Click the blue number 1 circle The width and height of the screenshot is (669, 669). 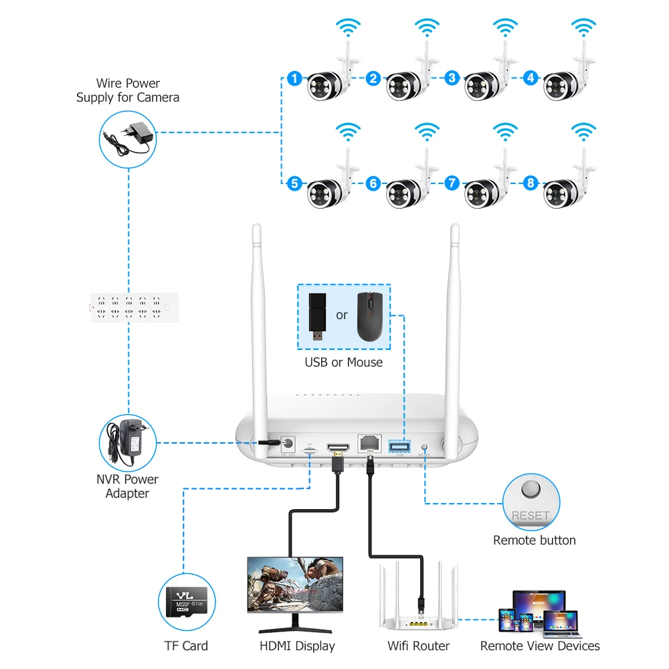click(x=294, y=78)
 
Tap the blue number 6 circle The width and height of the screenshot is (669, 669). click(x=373, y=183)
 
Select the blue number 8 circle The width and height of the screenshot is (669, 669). click(x=531, y=182)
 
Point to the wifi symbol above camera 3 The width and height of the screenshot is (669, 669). click(x=505, y=27)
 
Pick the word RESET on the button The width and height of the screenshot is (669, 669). click(x=531, y=516)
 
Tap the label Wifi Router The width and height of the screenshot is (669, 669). click(x=419, y=646)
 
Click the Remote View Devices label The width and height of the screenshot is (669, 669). click(x=540, y=646)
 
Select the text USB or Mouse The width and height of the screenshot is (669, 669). click(x=344, y=363)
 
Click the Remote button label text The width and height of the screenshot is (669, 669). click(x=534, y=541)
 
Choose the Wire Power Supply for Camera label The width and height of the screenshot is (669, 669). click(x=128, y=90)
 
